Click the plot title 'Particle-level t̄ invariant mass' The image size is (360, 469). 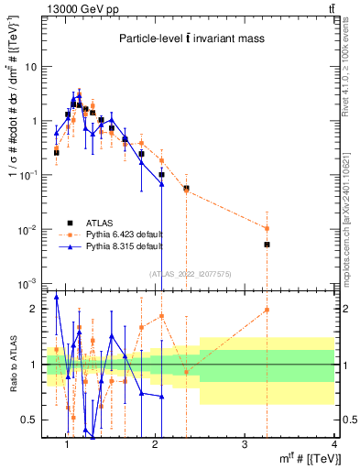(x=191, y=38)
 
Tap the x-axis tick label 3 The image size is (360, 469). (x=244, y=444)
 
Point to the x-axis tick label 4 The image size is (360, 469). (x=333, y=444)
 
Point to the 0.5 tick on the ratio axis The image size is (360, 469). (x=28, y=420)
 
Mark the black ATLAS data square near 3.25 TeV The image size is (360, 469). (x=267, y=245)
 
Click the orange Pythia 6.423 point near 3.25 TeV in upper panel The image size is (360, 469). (x=267, y=228)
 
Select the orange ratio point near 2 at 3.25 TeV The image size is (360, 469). (x=267, y=310)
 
